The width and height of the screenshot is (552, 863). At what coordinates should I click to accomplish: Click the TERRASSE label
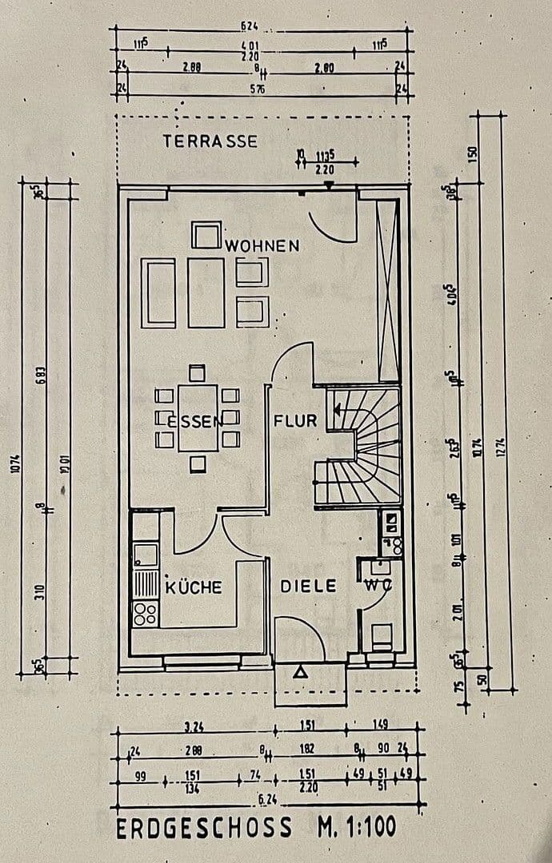tap(210, 141)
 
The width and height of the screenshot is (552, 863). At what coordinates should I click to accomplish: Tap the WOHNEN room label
tap(262, 245)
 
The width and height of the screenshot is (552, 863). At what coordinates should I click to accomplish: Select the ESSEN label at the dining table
tap(190, 420)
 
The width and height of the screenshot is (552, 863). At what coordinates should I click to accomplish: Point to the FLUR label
tap(295, 420)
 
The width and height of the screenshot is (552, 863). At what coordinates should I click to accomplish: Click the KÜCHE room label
tap(194, 587)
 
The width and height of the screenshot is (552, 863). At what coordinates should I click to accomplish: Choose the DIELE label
tap(308, 586)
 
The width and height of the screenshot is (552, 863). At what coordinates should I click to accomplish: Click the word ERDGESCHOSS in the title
tap(205, 829)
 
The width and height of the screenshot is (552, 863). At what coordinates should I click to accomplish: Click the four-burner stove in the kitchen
tap(145, 614)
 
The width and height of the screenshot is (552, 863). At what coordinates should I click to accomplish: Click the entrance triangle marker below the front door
tap(301, 673)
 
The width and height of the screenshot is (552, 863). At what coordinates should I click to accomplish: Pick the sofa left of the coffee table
tap(158, 292)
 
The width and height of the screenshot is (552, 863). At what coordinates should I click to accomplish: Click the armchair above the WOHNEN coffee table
tap(206, 237)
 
